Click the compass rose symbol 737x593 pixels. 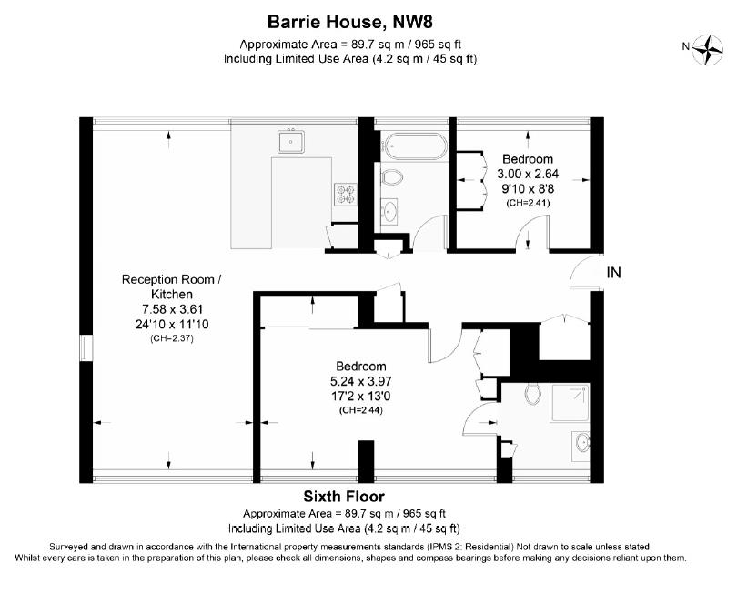pyautogui.click(x=707, y=49)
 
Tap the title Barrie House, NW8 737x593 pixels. pyautogui.click(x=349, y=22)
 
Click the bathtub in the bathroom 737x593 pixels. pyautogui.click(x=414, y=146)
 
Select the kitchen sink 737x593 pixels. pyautogui.click(x=291, y=142)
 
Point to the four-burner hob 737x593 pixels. pyautogui.click(x=346, y=194)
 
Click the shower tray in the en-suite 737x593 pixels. pyautogui.click(x=570, y=403)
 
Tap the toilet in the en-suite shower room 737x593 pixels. pyautogui.click(x=532, y=395)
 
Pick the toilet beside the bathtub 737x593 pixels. pyautogui.click(x=392, y=177)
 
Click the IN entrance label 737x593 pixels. pyautogui.click(x=614, y=273)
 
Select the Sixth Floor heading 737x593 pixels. pyautogui.click(x=344, y=497)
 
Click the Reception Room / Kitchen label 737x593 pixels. pyautogui.click(x=172, y=286)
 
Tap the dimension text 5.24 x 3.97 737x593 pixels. pyautogui.click(x=361, y=381)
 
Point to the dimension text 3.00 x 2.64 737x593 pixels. pyautogui.click(x=528, y=174)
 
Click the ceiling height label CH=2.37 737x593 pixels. pyautogui.click(x=172, y=338)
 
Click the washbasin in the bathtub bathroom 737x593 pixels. pyautogui.click(x=389, y=211)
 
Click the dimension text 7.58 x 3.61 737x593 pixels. pyautogui.click(x=172, y=309)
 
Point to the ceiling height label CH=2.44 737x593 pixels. pyautogui.click(x=361, y=410)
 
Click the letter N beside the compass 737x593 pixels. pyautogui.click(x=686, y=46)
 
